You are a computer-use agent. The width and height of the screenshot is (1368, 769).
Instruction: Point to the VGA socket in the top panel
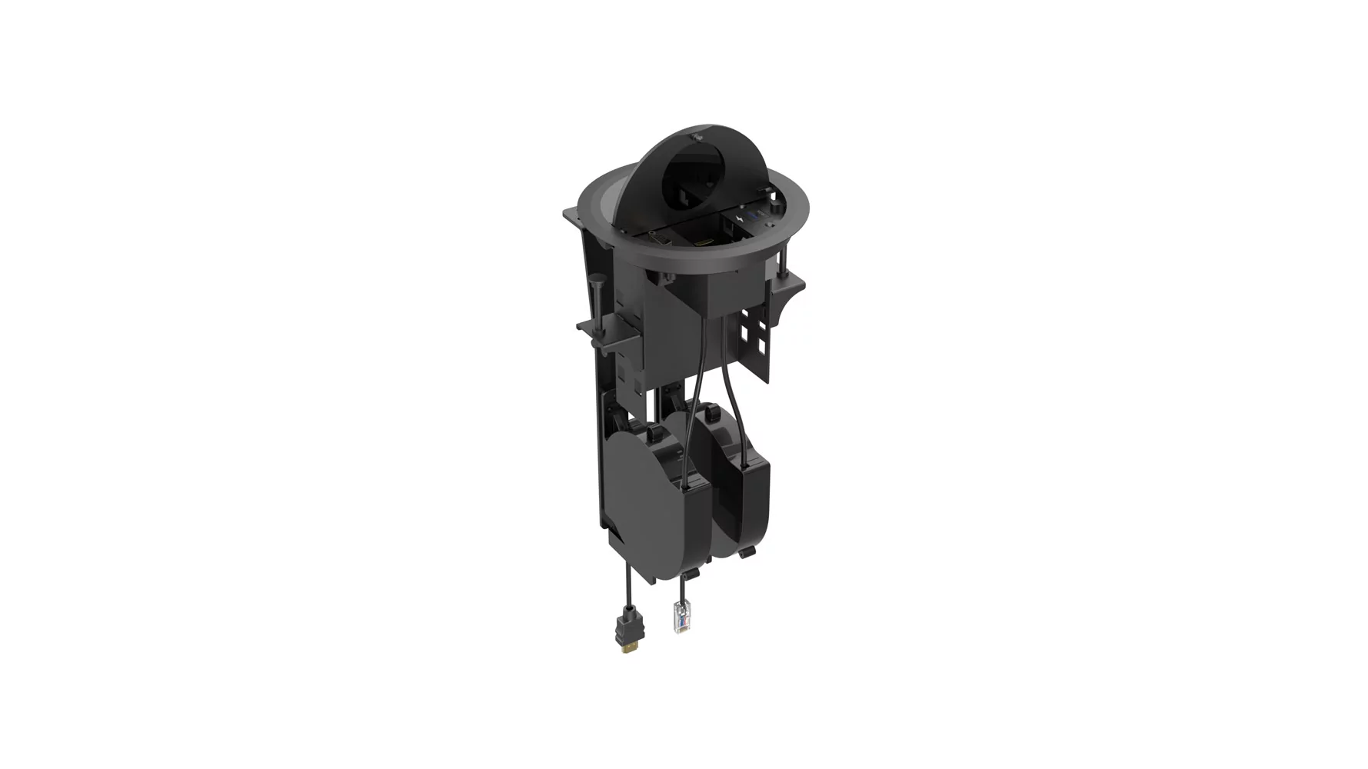(659, 240)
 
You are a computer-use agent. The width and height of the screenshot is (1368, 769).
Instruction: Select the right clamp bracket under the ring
(789, 291)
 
